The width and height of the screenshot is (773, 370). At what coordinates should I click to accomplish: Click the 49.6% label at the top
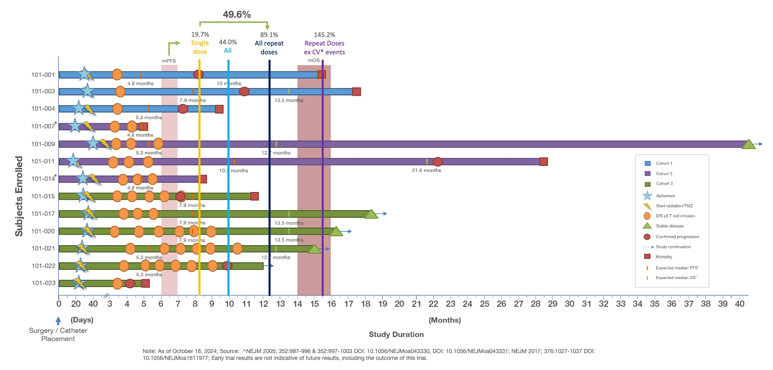tap(237, 14)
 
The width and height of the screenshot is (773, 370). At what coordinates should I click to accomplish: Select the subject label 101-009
tap(43, 144)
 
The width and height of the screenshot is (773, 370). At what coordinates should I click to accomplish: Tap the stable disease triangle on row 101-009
tap(748, 144)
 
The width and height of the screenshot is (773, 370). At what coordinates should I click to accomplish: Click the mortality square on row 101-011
tap(544, 161)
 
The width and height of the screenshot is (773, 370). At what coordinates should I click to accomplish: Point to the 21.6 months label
tap(426, 170)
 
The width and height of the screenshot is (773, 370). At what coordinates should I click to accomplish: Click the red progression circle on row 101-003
tap(244, 91)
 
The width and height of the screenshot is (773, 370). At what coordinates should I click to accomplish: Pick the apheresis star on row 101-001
tap(84, 74)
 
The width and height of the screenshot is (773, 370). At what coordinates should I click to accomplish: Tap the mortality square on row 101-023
tap(146, 283)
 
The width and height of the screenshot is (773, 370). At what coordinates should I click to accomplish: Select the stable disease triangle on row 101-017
tap(371, 214)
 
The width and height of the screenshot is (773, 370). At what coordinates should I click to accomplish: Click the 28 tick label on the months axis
tap(535, 304)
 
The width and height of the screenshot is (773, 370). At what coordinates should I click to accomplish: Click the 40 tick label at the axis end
tap(740, 304)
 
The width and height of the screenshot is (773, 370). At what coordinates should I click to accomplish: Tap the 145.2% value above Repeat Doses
tap(324, 35)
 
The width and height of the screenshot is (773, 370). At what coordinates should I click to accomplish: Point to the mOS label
tap(314, 60)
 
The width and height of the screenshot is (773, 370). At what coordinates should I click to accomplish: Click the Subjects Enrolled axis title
tap(19, 196)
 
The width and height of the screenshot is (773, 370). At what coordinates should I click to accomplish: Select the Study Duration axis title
tap(396, 335)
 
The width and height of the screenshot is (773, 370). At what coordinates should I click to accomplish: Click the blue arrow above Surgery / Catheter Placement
tap(58, 321)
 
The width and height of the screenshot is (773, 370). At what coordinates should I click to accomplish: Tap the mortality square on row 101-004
tap(219, 109)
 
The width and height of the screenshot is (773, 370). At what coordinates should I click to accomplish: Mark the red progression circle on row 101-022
tap(227, 266)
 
